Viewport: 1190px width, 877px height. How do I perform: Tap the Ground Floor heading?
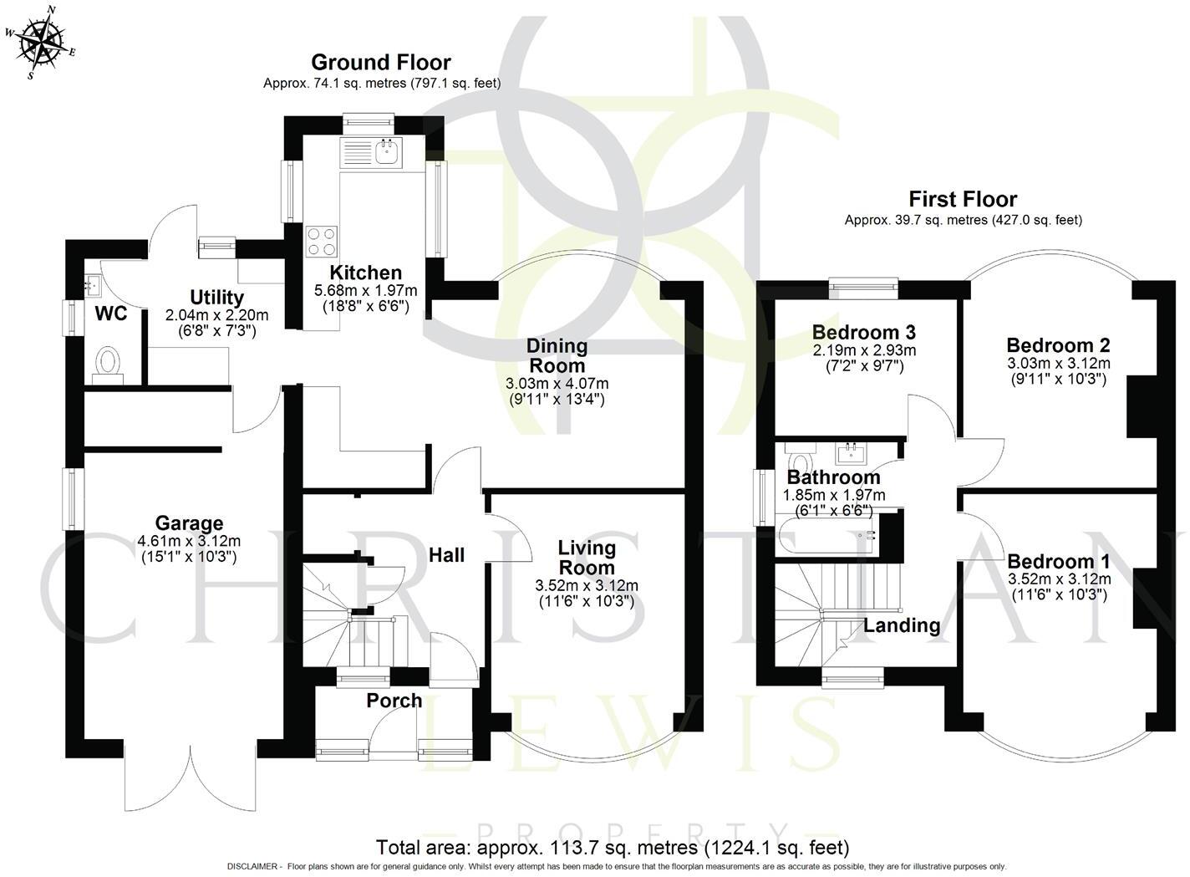click(x=381, y=63)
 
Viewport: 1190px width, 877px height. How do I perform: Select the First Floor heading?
click(x=963, y=200)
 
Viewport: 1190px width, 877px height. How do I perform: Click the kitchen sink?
click(x=386, y=153)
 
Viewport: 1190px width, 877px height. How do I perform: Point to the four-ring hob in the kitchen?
click(x=322, y=242)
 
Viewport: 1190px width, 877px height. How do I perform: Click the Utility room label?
click(x=216, y=298)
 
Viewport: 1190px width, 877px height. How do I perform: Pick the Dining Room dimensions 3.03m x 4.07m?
click(x=557, y=384)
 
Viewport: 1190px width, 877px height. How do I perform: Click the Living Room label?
click(x=587, y=558)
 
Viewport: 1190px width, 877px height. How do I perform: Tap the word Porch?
click(x=394, y=701)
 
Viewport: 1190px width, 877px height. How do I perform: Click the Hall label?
click(x=446, y=555)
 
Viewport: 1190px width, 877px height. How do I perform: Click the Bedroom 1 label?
click(x=1059, y=561)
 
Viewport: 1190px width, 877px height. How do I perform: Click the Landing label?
click(x=902, y=625)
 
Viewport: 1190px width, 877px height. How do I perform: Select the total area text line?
click(x=613, y=847)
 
